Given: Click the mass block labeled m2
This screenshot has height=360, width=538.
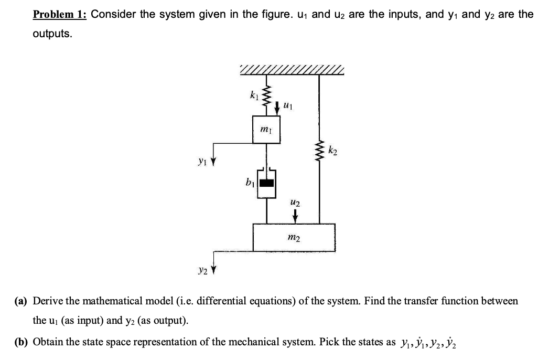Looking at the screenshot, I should click(294, 237).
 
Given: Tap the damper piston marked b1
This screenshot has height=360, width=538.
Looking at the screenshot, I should click(268, 183).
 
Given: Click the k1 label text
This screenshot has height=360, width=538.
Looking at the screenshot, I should click(253, 96).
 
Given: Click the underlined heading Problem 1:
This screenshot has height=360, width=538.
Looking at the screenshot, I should click(59, 15).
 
